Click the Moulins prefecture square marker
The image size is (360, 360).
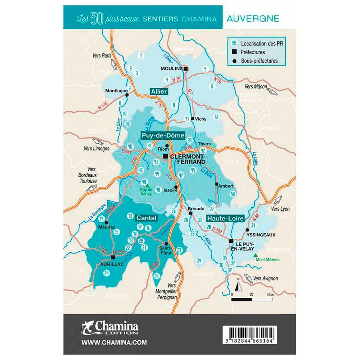click(185, 68)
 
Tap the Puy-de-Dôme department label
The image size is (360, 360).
click(162, 136)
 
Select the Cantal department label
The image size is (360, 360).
click(146, 218)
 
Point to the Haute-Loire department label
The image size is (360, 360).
click(225, 218)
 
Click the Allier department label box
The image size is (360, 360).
click(159, 92)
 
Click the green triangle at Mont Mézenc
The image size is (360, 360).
click(256, 255)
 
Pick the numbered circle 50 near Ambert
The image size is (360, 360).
click(233, 194)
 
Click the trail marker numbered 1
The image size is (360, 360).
click(141, 55)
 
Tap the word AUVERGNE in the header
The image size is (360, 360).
click(253, 18)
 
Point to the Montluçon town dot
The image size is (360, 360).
click(127, 95)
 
